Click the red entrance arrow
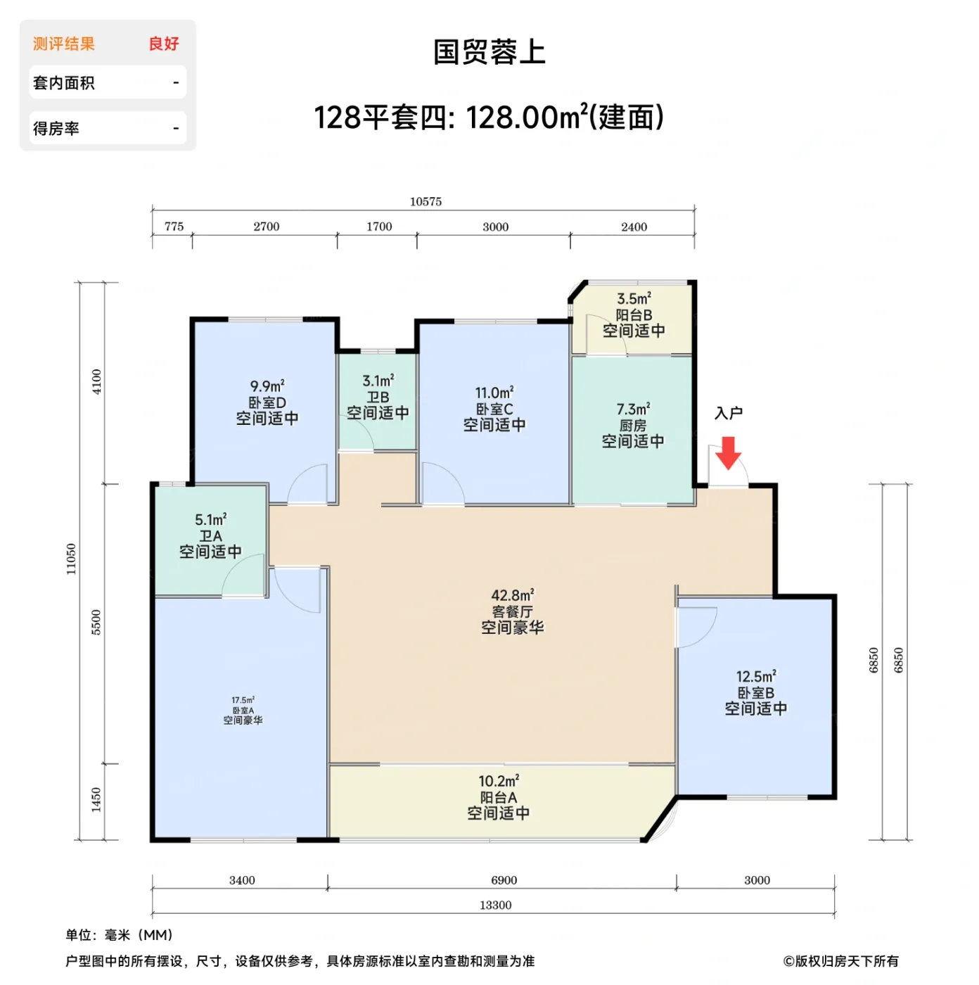click(x=729, y=452)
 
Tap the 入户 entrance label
click(x=729, y=413)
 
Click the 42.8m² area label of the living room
click(x=512, y=595)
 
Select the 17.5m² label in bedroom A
click(x=243, y=700)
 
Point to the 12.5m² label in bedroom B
click(x=756, y=676)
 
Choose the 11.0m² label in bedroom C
click(x=494, y=393)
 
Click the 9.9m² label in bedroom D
click(x=267, y=386)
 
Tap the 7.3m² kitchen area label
click(x=633, y=409)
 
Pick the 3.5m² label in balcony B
click(x=634, y=299)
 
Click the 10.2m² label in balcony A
click(x=499, y=781)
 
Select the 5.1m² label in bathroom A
click(x=210, y=520)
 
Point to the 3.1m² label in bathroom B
click(x=378, y=381)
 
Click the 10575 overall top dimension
click(x=425, y=202)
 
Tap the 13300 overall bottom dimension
click(x=495, y=905)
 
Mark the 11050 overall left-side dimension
click(x=71, y=559)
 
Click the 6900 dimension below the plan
click(x=504, y=880)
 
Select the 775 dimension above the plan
click(x=174, y=227)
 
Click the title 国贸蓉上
click(x=489, y=52)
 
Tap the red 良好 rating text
click(x=164, y=44)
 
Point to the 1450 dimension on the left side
click(x=96, y=800)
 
